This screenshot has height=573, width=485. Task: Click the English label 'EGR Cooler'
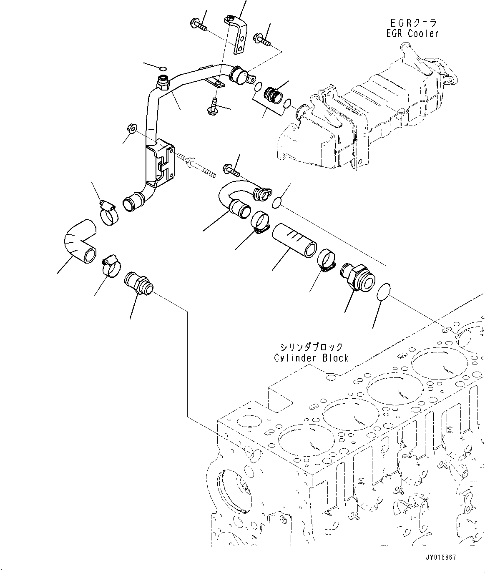click(x=412, y=34)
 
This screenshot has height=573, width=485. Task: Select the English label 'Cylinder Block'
click(x=311, y=358)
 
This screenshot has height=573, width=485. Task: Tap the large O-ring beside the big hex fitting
click(x=384, y=292)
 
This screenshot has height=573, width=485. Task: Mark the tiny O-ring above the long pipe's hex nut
click(x=163, y=68)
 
